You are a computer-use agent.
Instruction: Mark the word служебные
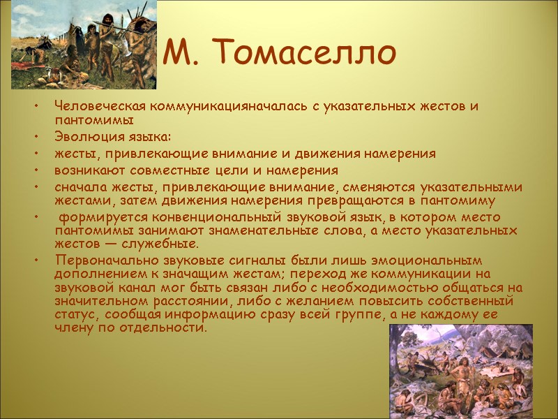163,244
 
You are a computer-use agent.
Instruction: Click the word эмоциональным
386,260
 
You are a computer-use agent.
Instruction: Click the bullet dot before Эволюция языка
36,137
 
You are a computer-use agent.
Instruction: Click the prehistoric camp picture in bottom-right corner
460,371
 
